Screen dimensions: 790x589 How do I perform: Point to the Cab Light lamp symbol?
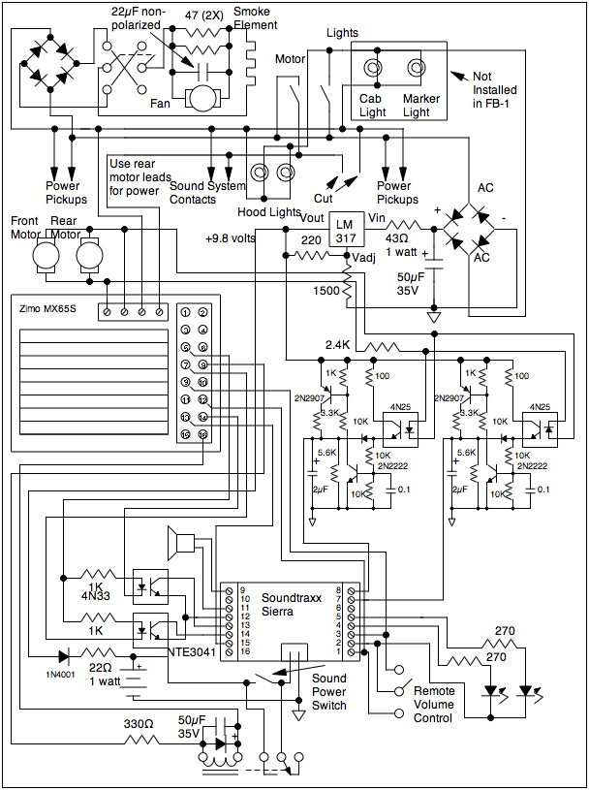pos(372,70)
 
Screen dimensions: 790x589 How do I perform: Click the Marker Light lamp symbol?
pos(417,70)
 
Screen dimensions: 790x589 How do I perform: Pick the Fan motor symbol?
pos(202,97)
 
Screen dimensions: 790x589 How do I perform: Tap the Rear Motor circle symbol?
pos(89,256)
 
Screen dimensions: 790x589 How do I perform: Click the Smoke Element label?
pos(256,17)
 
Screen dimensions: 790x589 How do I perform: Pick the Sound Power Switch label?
pos(329,692)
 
